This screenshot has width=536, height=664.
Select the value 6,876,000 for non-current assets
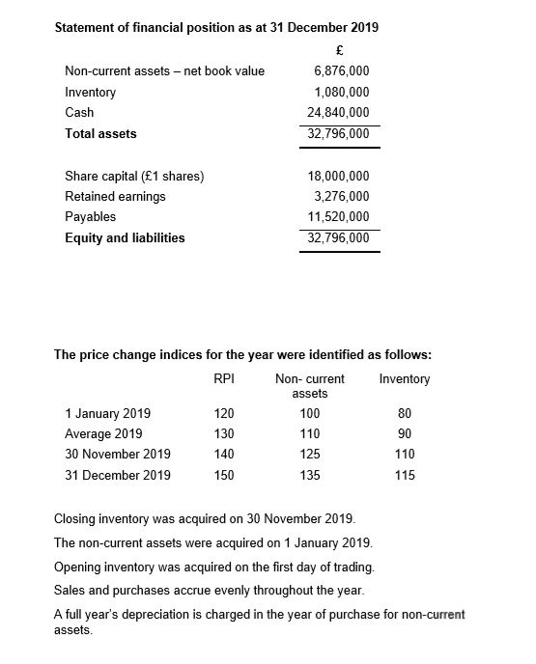[342, 71]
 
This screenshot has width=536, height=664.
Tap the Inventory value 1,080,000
[342, 93]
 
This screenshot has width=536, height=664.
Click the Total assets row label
[100, 134]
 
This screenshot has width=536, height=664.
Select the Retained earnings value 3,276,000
[342, 197]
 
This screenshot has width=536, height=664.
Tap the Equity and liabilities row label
[125, 238]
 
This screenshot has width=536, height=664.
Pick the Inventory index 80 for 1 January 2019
[405, 414]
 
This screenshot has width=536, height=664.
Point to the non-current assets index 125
[309, 455]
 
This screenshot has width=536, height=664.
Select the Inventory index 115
[405, 475]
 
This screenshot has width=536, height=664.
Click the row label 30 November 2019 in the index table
[118, 455]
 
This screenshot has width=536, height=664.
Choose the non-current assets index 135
[309, 475]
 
